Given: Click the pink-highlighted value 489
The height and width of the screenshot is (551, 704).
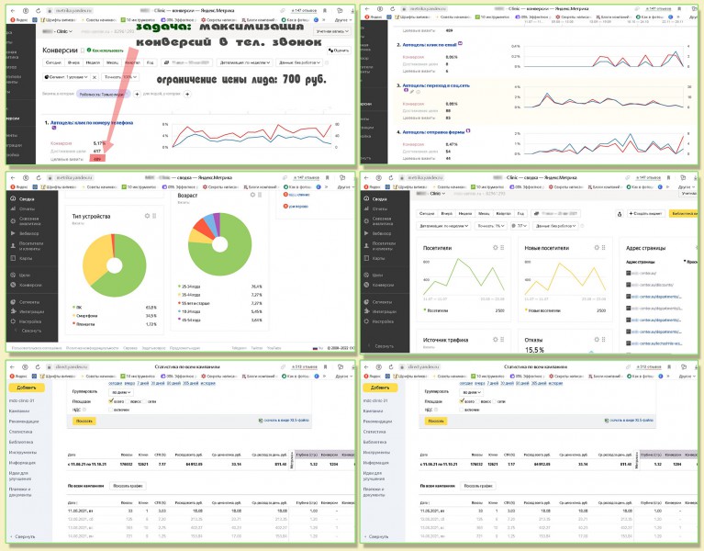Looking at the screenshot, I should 97,159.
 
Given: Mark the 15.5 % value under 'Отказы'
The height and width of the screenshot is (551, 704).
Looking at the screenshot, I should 535,350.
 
